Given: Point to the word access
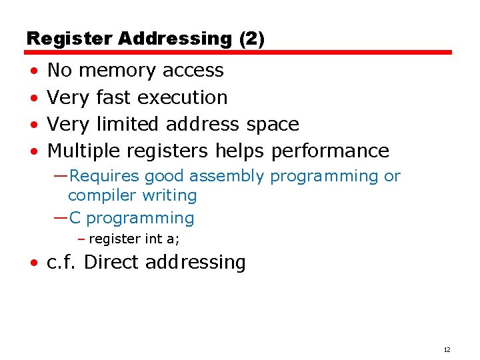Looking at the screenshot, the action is click(193, 70).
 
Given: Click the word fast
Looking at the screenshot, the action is click(113, 97).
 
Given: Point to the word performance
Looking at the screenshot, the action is click(330, 151).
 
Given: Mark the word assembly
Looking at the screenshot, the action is click(227, 176).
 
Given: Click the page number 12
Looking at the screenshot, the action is click(447, 349).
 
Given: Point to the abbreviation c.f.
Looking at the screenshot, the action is click(63, 263).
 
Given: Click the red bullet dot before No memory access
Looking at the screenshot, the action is click(33, 71).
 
